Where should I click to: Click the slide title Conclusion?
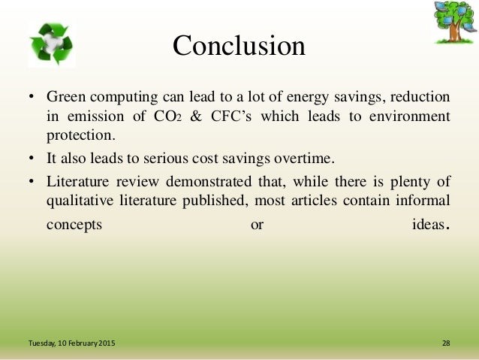[x=239, y=46]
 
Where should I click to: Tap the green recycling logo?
[x=52, y=44]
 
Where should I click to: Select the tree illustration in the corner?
[x=452, y=22]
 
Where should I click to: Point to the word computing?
[x=124, y=98]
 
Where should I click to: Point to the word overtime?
[x=306, y=159]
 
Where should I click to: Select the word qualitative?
[x=78, y=201]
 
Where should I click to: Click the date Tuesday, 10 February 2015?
[x=72, y=343]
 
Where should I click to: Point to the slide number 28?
[x=446, y=343]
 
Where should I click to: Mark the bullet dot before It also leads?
[x=32, y=159]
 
